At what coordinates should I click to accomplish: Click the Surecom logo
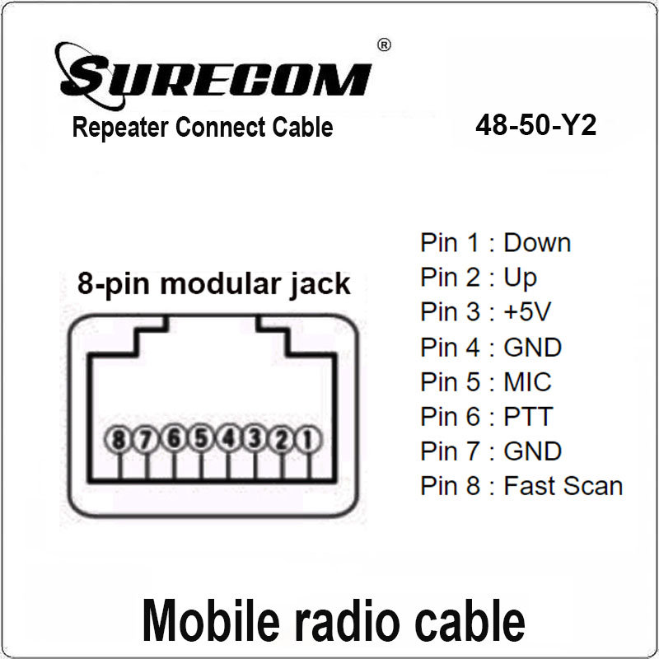click(x=213, y=76)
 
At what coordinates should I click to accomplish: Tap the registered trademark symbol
click(x=384, y=45)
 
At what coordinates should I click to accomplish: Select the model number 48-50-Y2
click(x=536, y=125)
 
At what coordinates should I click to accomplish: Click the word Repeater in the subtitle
click(x=120, y=128)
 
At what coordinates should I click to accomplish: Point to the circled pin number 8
click(x=118, y=440)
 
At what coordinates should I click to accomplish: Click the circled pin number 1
click(x=308, y=440)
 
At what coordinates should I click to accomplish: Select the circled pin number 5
click(x=200, y=437)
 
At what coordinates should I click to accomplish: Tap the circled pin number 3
click(x=255, y=439)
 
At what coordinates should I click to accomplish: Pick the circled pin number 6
click(x=174, y=437)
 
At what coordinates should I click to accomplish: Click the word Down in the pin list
click(x=537, y=242)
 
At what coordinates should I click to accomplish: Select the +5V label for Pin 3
click(x=527, y=311)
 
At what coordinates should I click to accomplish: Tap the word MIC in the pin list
click(x=527, y=381)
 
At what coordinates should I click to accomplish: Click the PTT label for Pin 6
click(x=528, y=416)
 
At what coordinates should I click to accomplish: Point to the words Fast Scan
click(x=563, y=485)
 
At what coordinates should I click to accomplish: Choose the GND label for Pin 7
click(x=532, y=451)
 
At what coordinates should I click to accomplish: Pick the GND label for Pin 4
click(x=532, y=347)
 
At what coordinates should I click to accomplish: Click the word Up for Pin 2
click(x=521, y=278)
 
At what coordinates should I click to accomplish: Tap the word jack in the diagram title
click(x=320, y=286)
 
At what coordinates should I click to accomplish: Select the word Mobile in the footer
click(x=211, y=620)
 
